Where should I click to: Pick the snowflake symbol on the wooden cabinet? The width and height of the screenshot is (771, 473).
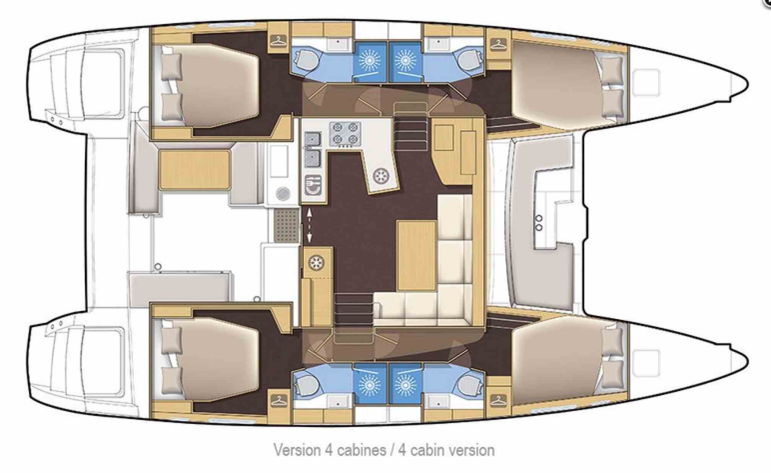point(316,263)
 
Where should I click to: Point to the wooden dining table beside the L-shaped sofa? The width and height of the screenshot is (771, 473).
point(416,255)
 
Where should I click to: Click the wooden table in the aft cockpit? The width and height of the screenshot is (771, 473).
point(194,170)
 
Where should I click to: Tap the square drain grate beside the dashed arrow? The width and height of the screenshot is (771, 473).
point(286,226)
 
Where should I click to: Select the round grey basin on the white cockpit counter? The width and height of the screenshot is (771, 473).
point(283,193)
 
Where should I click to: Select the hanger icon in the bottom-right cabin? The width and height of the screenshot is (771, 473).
point(498,401)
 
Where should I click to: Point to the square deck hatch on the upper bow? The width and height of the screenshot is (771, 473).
point(646,83)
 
